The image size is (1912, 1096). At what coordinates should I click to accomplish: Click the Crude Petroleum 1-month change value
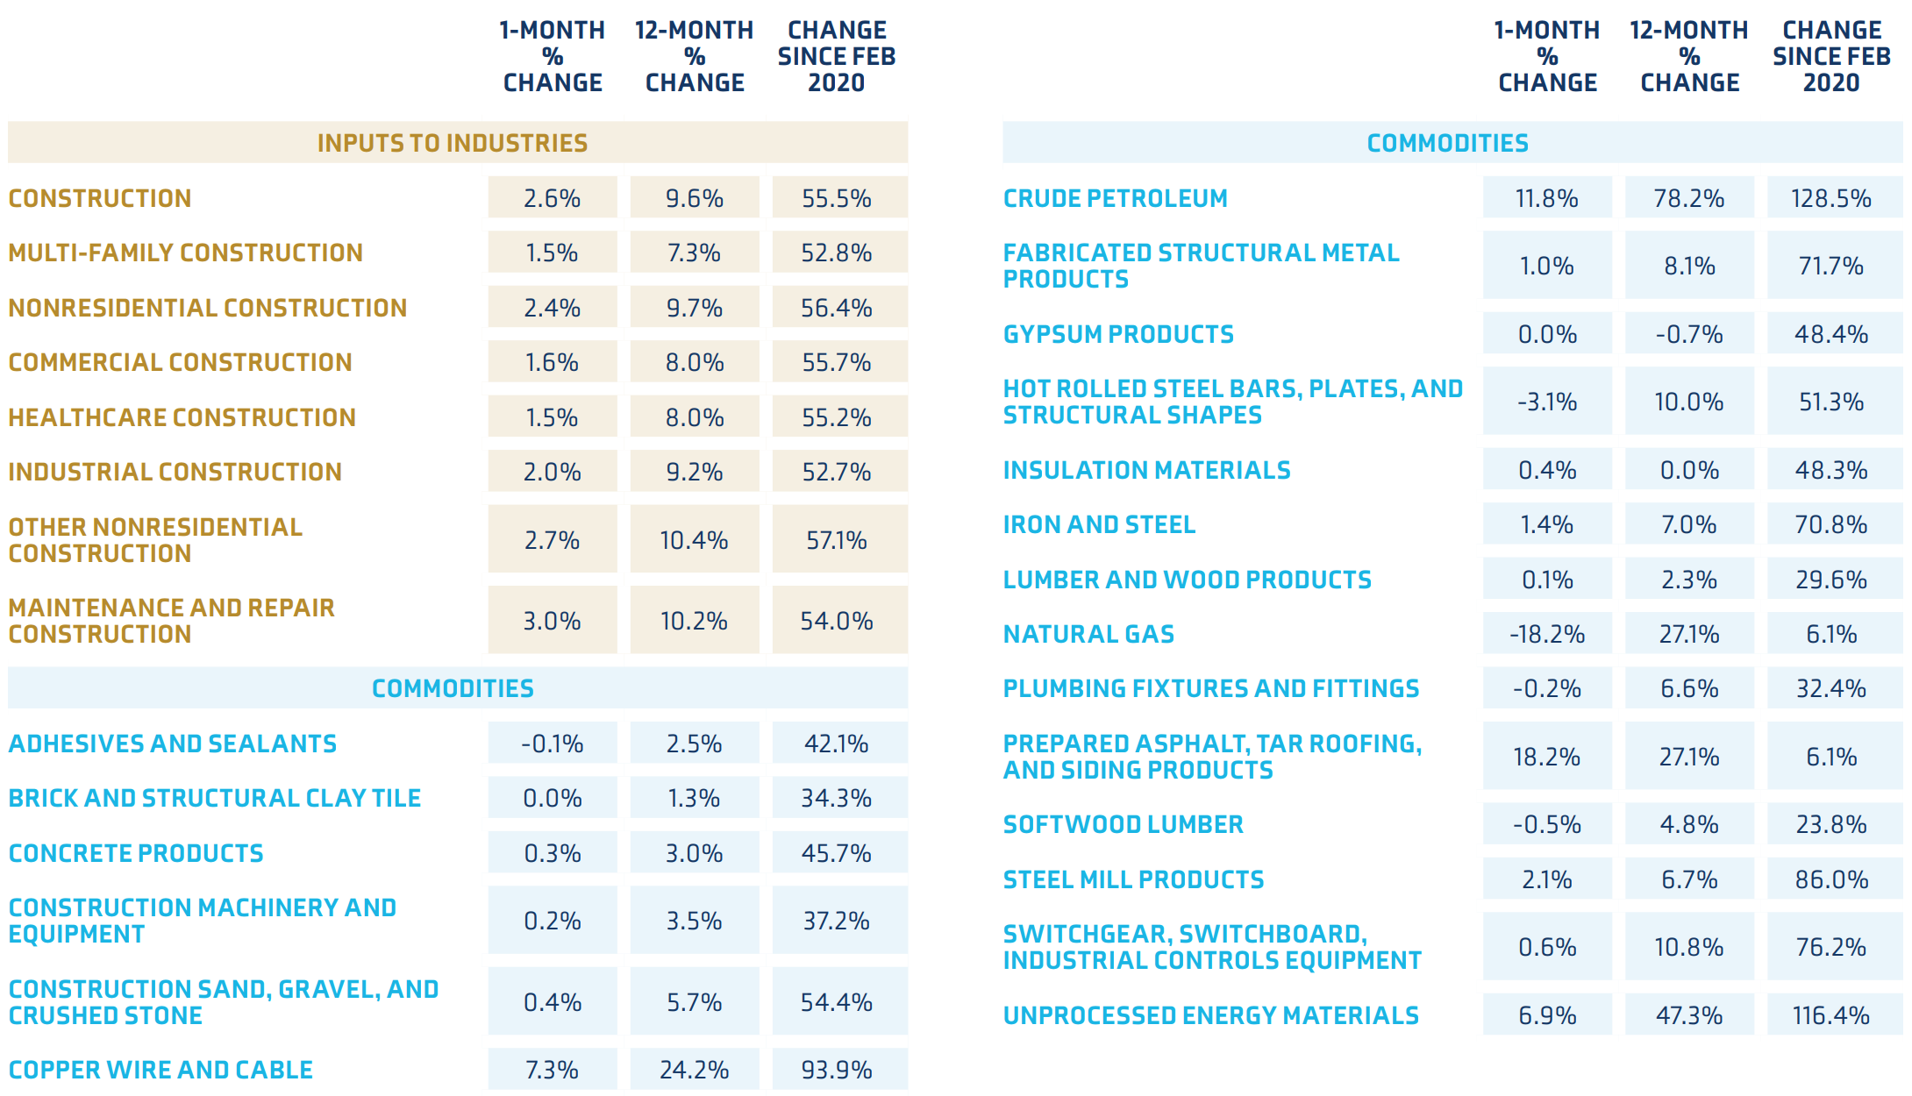coord(1546,198)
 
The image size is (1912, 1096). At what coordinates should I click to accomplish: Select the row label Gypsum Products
coord(1118,334)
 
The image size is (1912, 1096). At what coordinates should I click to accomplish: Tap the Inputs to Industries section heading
coord(453,143)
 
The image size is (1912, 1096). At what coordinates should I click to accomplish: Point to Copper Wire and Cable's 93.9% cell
coord(836,1070)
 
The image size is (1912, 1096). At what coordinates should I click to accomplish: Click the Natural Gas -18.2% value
coord(1547,634)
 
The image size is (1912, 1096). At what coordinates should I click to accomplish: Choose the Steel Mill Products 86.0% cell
coord(1831,879)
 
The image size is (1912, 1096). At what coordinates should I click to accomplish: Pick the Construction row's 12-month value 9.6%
coord(694,198)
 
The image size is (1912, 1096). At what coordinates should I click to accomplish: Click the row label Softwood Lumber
coord(1124,824)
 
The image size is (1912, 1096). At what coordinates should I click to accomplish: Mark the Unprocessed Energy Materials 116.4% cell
coord(1831,1015)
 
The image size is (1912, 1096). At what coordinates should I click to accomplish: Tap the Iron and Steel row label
coord(1099,524)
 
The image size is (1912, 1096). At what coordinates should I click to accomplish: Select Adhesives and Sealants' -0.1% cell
coord(552,744)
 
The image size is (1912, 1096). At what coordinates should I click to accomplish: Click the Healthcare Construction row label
coord(182,417)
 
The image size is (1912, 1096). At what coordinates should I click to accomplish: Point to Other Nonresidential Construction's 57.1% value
coord(836,540)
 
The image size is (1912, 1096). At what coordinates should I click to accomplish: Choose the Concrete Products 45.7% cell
coord(836,853)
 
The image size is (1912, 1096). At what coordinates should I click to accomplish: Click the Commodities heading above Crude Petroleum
coord(1448,143)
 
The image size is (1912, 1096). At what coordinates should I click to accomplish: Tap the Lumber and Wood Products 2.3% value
coord(1689,580)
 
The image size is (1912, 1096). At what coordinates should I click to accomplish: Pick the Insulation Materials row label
coord(1147,470)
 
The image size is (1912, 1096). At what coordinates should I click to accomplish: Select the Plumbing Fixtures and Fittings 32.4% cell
coord(1831,688)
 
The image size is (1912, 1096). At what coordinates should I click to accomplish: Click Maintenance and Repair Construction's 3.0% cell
coord(552,621)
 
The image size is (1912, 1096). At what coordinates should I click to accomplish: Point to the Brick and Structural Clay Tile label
coord(215,798)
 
